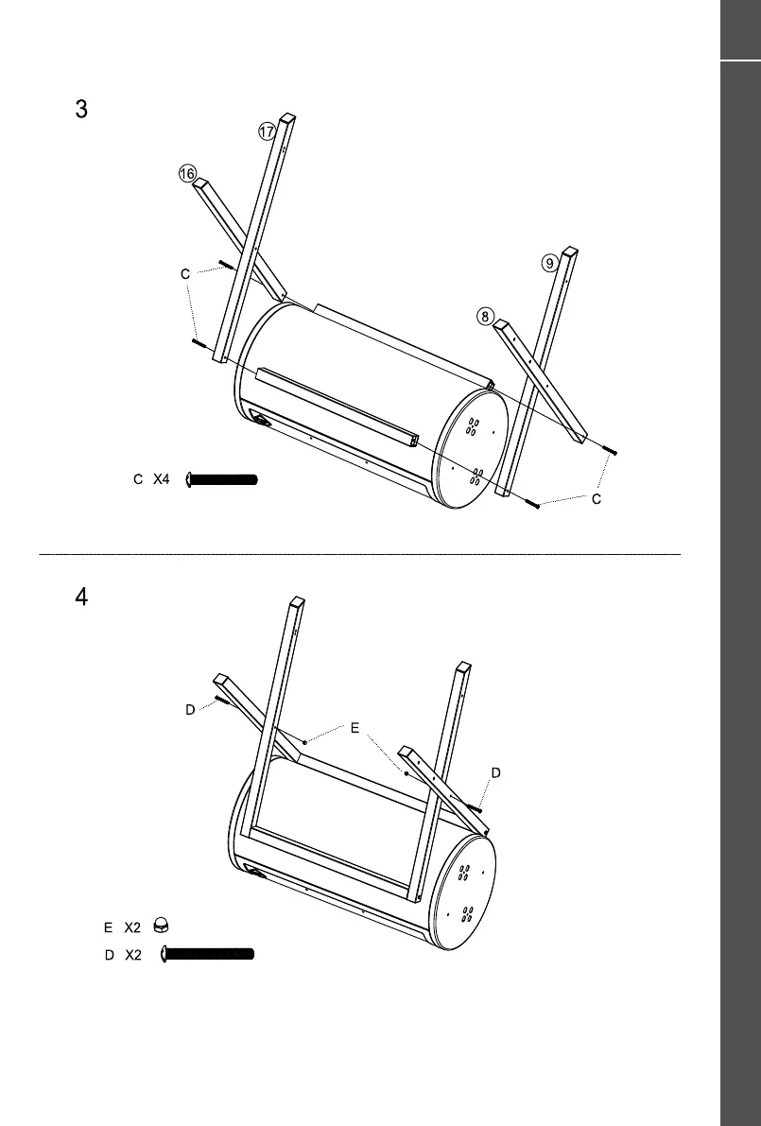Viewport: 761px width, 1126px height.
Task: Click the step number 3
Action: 81,109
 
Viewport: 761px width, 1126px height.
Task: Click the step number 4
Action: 81,598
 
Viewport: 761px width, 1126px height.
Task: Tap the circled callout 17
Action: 267,132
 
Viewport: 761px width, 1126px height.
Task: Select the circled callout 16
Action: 186,174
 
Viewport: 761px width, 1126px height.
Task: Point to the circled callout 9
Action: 550,264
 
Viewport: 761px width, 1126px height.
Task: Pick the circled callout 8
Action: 485,317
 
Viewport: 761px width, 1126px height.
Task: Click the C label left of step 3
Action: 186,274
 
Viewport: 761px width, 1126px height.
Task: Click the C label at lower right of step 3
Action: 597,498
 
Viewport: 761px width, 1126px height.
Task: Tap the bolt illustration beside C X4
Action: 223,479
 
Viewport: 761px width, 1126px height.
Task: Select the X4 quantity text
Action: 161,479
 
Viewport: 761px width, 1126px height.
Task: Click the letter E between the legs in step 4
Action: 355,728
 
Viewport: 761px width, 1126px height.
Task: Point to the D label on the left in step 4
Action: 189,710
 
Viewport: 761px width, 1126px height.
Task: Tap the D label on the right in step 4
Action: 495,773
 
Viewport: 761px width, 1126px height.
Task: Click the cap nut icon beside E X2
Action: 162,926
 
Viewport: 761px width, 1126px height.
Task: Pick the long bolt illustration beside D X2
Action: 208,954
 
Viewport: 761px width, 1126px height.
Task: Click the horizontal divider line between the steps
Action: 359,553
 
